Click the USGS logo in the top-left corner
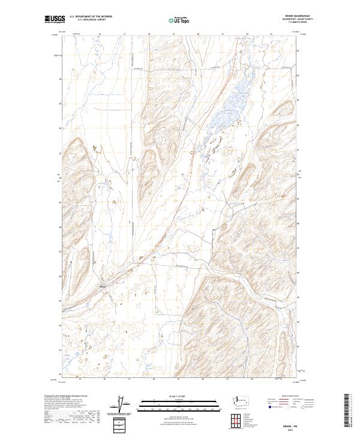coord(55,19)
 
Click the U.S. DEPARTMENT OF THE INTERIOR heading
coord(91,17)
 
